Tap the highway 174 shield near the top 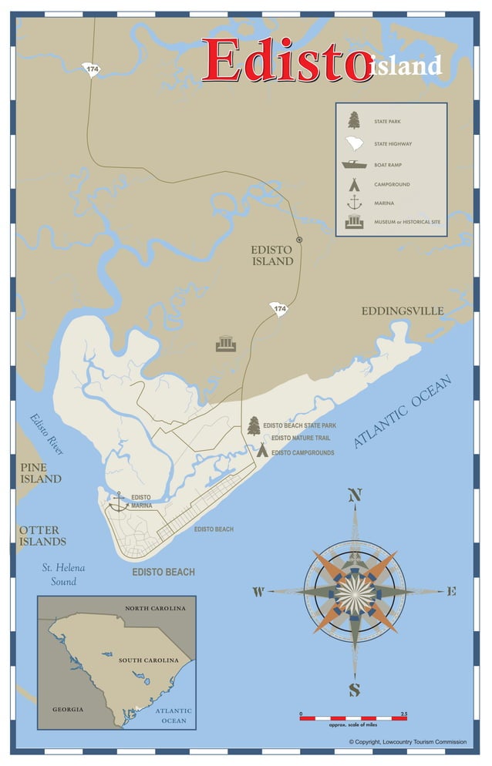click(x=93, y=69)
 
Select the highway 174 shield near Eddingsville click(x=279, y=309)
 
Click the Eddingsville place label click(x=403, y=311)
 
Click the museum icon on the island click(x=225, y=343)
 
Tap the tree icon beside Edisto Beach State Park click(x=254, y=425)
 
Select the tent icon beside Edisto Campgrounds click(x=262, y=450)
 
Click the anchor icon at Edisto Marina click(x=118, y=502)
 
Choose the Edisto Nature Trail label click(x=300, y=438)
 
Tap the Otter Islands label click(x=42, y=536)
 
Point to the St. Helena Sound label click(x=63, y=575)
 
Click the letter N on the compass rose click(x=355, y=496)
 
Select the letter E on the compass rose click(x=451, y=592)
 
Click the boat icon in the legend click(x=354, y=164)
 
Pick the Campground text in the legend click(x=392, y=185)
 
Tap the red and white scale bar click(x=353, y=717)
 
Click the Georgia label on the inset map click(x=68, y=709)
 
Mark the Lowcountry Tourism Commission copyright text click(x=408, y=742)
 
